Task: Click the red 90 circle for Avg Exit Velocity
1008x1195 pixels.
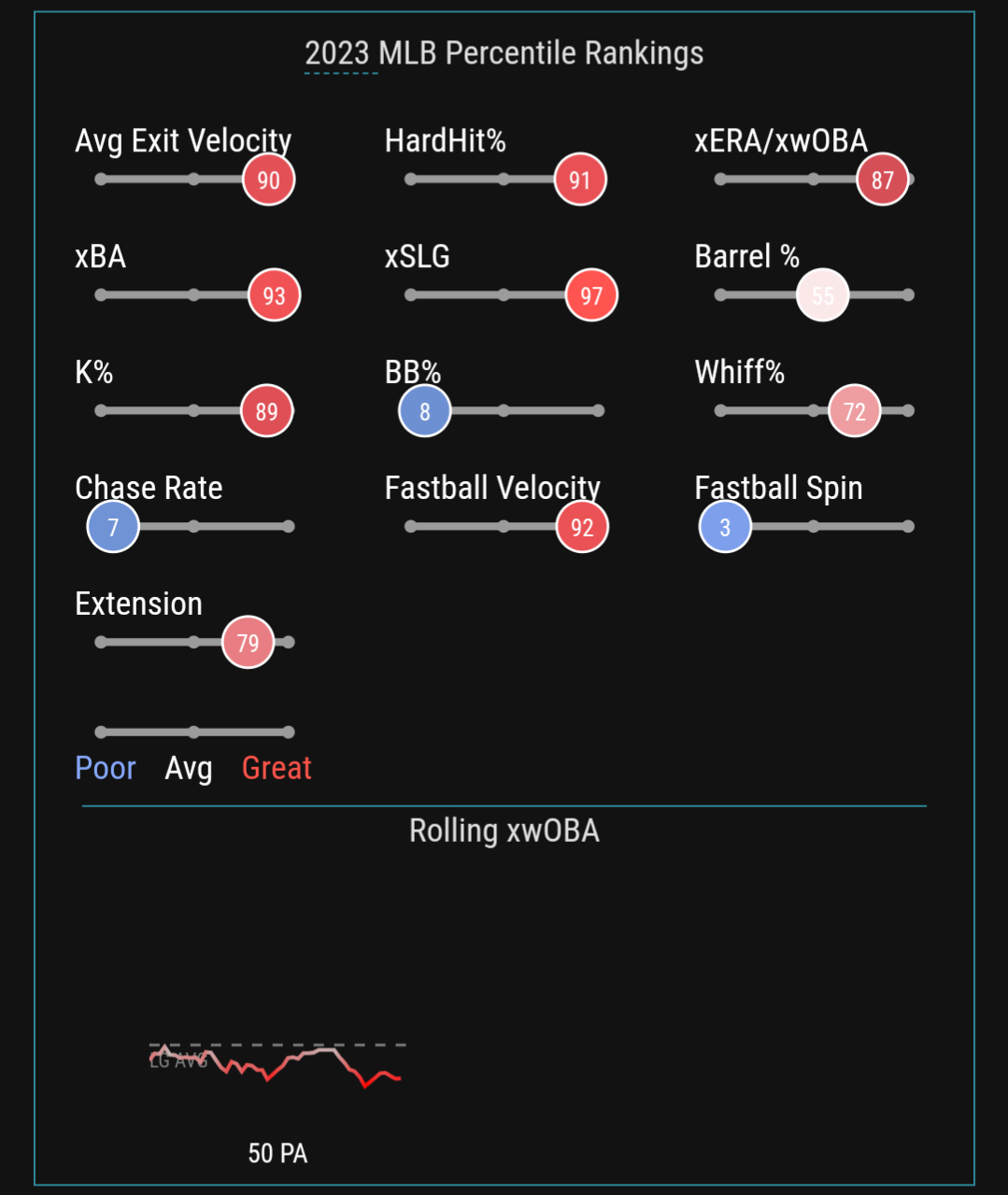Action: tap(269, 179)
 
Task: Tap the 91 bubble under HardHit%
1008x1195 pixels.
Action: tap(580, 179)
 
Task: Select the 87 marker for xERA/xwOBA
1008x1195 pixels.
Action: tap(883, 179)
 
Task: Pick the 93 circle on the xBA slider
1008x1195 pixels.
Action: tap(274, 295)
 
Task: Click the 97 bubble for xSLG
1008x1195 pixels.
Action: tap(591, 295)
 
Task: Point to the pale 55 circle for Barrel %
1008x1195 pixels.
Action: tap(822, 295)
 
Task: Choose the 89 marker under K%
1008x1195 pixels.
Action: tap(267, 411)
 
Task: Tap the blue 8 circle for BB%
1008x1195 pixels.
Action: tap(425, 411)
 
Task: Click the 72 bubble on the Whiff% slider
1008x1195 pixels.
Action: tap(855, 411)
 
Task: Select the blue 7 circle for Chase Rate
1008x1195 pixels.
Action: tap(113, 527)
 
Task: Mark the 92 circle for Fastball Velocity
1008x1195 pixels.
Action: tap(582, 527)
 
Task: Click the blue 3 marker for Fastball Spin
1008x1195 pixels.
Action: tap(725, 527)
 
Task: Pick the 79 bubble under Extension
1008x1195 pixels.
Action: tap(248, 643)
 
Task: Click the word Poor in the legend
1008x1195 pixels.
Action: tap(106, 768)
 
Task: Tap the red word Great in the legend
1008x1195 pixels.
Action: tap(277, 768)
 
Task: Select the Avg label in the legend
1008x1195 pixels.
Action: tap(189, 768)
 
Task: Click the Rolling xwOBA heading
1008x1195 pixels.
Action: tap(504, 831)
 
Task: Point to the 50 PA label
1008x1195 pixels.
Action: tap(277, 1154)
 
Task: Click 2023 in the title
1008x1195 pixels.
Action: tap(337, 53)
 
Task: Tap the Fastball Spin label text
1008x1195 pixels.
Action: tap(778, 488)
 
